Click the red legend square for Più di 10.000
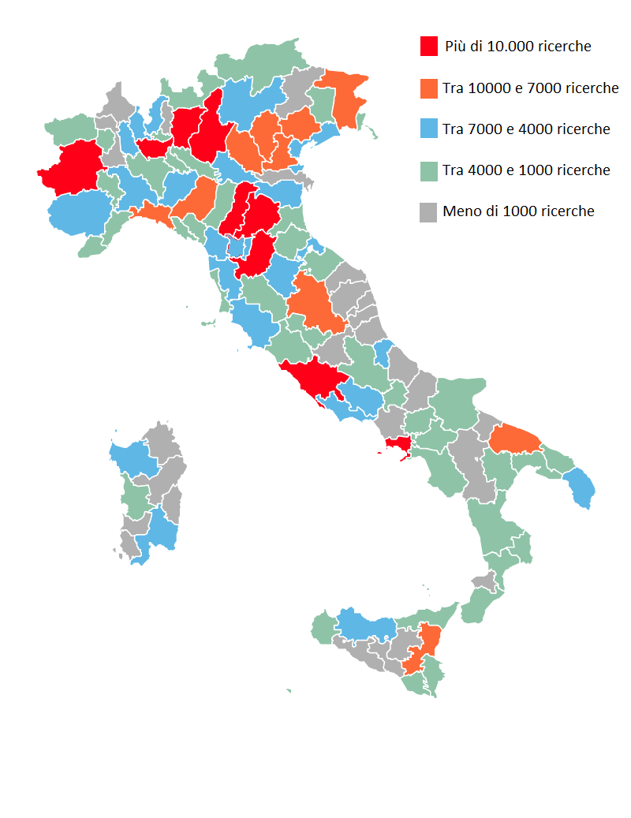click(429, 47)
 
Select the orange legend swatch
click(429, 88)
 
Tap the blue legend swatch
click(429, 129)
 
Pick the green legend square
click(429, 170)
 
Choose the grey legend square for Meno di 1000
click(429, 211)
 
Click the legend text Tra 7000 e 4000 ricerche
click(526, 129)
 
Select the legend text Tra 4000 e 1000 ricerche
click(526, 170)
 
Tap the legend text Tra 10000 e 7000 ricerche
click(531, 88)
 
